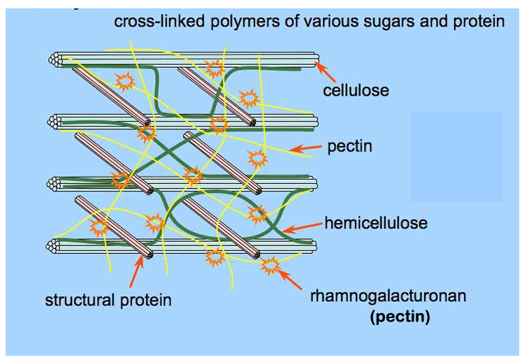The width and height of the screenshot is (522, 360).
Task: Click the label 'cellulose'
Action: pyautogui.click(x=356, y=90)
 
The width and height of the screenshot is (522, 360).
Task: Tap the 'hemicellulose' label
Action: pyautogui.click(x=375, y=224)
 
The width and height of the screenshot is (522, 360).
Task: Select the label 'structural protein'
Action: pyautogui.click(x=108, y=301)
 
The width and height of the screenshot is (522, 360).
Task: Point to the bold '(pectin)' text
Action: pyautogui.click(x=399, y=317)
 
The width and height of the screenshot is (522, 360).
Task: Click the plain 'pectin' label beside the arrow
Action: pyautogui.click(x=349, y=147)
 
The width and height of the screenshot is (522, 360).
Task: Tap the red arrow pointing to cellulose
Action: pyautogui.click(x=326, y=70)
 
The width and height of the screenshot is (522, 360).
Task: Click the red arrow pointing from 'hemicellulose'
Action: pyautogui.click(x=302, y=226)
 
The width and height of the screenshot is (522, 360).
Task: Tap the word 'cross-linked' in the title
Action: pyautogui.click(x=151, y=22)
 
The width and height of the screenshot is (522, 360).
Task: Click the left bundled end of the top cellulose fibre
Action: pyautogui.click(x=54, y=60)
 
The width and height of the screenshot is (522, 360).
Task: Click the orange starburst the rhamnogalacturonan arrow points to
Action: pyautogui.click(x=270, y=266)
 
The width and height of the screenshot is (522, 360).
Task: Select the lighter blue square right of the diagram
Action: pyautogui.click(x=456, y=157)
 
